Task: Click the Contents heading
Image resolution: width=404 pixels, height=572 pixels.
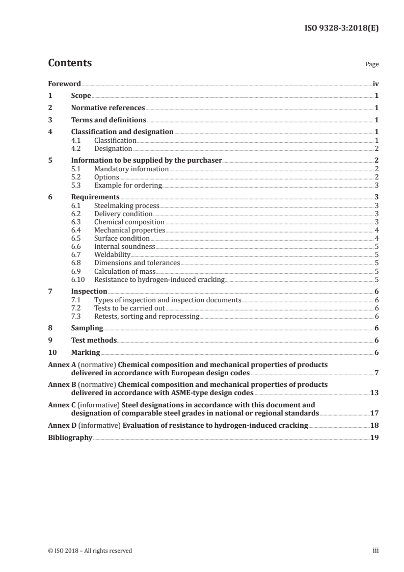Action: (70, 63)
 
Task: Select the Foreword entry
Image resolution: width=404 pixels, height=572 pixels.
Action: (64, 83)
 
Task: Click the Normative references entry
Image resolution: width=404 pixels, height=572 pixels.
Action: (108, 108)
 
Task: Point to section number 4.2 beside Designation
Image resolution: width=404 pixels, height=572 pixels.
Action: (76, 148)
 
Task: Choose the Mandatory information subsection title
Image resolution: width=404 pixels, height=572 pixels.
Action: (131, 169)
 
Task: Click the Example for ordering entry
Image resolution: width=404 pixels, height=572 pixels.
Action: (128, 185)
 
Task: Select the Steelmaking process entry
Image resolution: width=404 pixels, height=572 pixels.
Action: (127, 205)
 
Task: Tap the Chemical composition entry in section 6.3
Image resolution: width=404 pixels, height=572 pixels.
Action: (129, 222)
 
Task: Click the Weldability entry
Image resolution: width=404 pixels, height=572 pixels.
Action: (113, 254)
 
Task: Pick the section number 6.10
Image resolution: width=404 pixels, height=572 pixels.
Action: (78, 279)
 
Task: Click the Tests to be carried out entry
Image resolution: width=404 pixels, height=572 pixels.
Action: (129, 308)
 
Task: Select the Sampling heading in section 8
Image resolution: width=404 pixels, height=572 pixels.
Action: (87, 328)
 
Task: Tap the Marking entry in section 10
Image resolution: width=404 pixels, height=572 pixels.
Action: (86, 353)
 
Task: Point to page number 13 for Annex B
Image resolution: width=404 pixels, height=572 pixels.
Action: (374, 394)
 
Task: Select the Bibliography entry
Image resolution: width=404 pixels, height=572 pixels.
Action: (70, 437)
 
